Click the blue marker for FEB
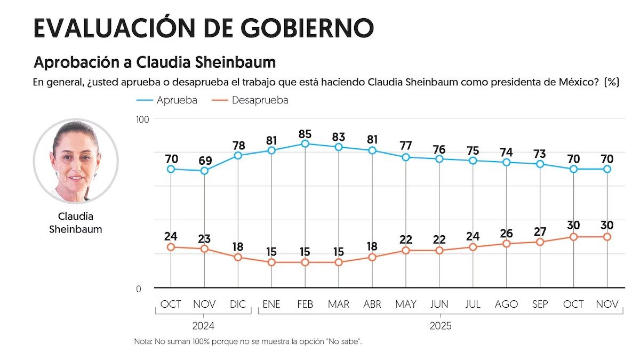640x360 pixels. (305, 143)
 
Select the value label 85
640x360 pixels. (305, 134)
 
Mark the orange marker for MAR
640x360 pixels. (339, 262)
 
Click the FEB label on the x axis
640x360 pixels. (305, 305)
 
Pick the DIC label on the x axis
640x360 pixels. (238, 305)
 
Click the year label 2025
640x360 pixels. (440, 325)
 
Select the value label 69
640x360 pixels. (204, 161)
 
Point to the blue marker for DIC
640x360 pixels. (238, 155)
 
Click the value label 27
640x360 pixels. (540, 232)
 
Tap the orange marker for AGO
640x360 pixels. (507, 244)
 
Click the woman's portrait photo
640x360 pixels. (75, 161)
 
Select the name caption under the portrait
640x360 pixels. (75, 223)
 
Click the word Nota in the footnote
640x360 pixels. (143, 341)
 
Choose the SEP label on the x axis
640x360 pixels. (540, 305)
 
